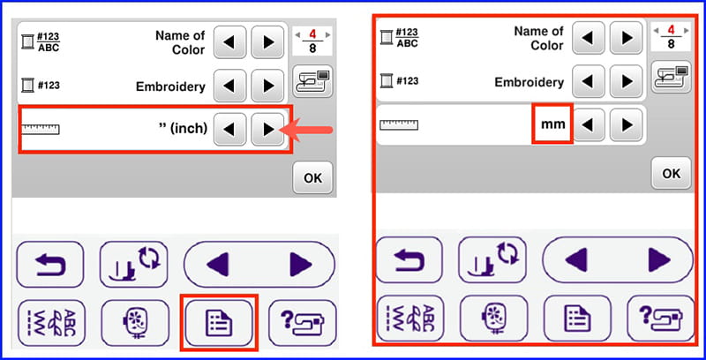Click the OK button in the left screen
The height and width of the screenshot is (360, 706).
(313, 177)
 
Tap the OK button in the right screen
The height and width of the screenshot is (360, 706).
(672, 173)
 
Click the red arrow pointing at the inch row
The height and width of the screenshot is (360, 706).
(306, 130)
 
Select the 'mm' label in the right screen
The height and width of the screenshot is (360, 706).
(553, 124)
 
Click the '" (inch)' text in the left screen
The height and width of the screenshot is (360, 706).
(184, 128)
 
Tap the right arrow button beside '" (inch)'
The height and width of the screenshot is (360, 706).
(268, 130)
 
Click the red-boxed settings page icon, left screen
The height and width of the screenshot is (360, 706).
(219, 322)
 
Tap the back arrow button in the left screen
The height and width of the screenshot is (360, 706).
(50, 265)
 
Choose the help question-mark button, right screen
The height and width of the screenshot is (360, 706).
(660, 319)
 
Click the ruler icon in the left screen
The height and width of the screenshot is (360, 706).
(41, 130)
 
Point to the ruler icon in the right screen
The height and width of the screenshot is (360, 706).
(399, 124)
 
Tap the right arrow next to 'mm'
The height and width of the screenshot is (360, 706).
(627, 124)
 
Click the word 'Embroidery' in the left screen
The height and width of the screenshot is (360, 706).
(170, 86)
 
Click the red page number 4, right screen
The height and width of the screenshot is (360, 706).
(672, 30)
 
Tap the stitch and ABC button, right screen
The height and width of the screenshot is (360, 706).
(409, 319)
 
